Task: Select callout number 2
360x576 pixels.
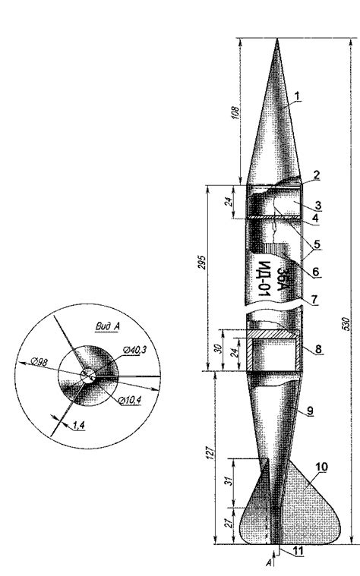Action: point(316,175)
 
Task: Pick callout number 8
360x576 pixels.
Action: point(318,349)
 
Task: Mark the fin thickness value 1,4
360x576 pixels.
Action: point(78,426)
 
